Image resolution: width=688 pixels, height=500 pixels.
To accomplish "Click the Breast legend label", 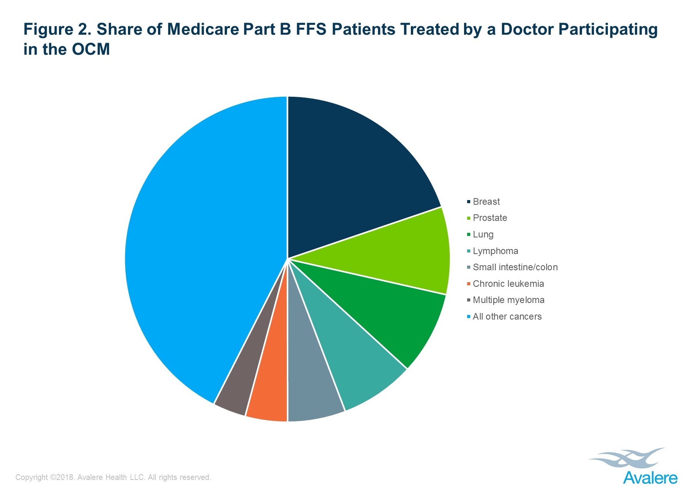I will [x=486, y=202].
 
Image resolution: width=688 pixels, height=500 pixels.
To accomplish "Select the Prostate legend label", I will [x=490, y=218].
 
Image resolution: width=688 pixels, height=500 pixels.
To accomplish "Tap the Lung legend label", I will [x=483, y=234].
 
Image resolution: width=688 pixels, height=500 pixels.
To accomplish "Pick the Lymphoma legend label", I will [x=495, y=251].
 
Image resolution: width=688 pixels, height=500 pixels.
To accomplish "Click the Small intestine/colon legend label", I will [x=515, y=267].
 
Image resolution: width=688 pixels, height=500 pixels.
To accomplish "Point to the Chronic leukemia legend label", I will [x=508, y=284].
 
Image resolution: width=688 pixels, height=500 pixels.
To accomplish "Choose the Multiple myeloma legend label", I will [x=508, y=300].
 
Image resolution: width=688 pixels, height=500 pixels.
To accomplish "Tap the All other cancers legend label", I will [x=507, y=316].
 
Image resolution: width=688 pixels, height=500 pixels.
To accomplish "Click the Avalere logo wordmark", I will [x=650, y=478].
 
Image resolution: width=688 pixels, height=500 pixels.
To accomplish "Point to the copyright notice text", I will [x=113, y=477].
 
